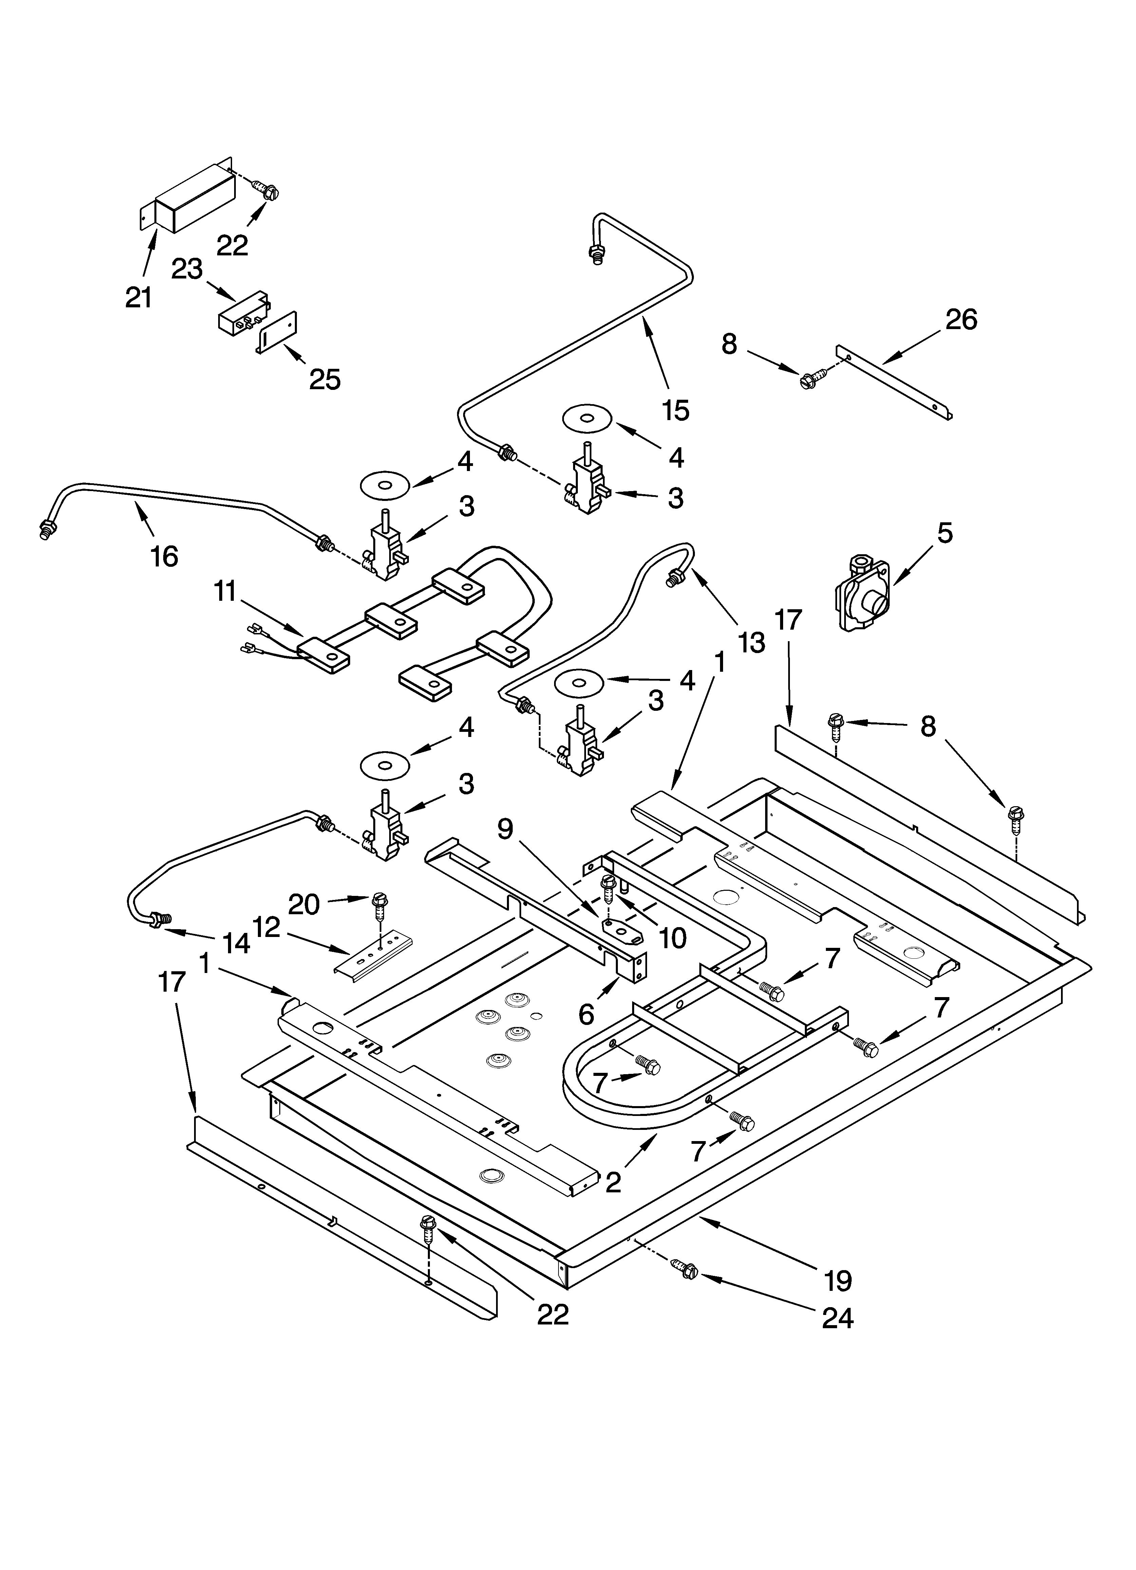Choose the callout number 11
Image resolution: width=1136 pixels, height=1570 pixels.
tap(225, 592)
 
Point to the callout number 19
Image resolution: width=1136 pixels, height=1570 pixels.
tap(838, 1281)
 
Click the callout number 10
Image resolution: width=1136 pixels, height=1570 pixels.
tap(673, 938)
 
